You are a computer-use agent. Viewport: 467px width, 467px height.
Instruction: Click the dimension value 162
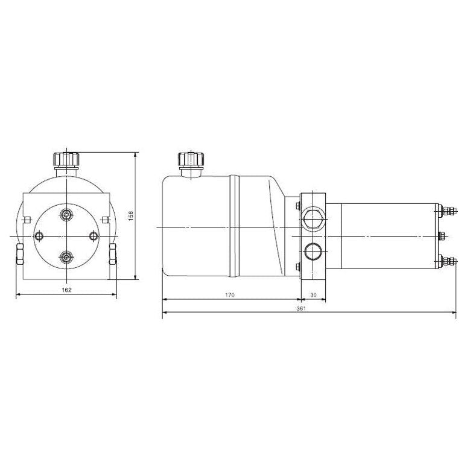pos(66,290)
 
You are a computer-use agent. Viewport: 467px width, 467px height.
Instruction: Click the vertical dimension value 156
pos(130,215)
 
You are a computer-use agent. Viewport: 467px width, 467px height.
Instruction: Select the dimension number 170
pos(229,295)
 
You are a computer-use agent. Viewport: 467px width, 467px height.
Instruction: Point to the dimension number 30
pos(313,295)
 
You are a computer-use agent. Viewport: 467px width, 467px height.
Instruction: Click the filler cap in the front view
pos(66,160)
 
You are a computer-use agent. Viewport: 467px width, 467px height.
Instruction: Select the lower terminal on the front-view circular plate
pos(66,256)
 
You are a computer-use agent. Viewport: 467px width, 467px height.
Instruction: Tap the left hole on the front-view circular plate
pos(40,236)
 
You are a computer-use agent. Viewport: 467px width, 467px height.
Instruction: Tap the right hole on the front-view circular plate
pos(92,236)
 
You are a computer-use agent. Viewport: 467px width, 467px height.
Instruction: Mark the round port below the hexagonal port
pos(313,250)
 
